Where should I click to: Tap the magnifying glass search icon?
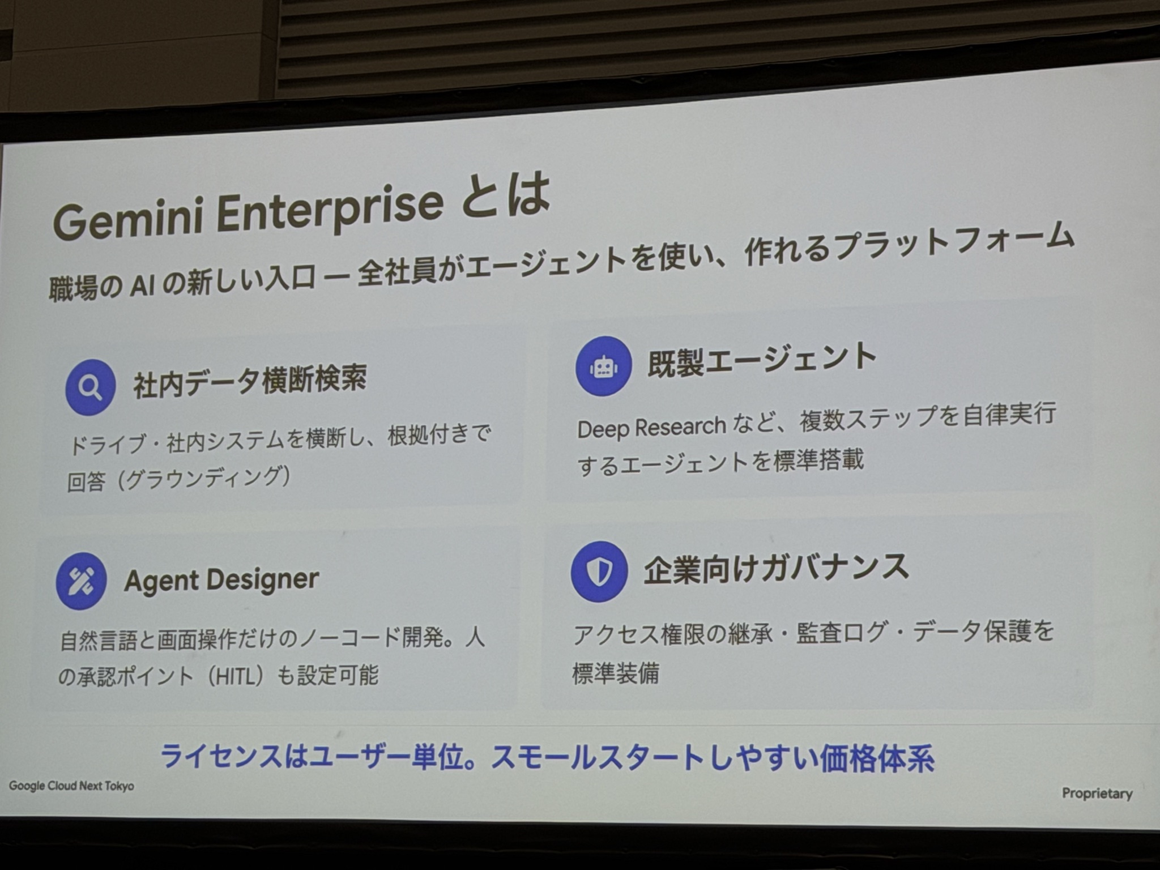pos(91,387)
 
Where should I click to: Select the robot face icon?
pos(603,366)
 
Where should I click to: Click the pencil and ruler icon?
pos(82,581)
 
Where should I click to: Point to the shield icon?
pos(599,572)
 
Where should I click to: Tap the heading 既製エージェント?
pos(762,359)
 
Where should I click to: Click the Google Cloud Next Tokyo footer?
pos(72,786)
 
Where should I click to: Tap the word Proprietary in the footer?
pos(1097,794)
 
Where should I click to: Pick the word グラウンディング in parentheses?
pos(202,479)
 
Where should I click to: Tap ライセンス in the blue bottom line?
pos(221,756)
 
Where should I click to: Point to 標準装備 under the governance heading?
pos(616,673)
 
